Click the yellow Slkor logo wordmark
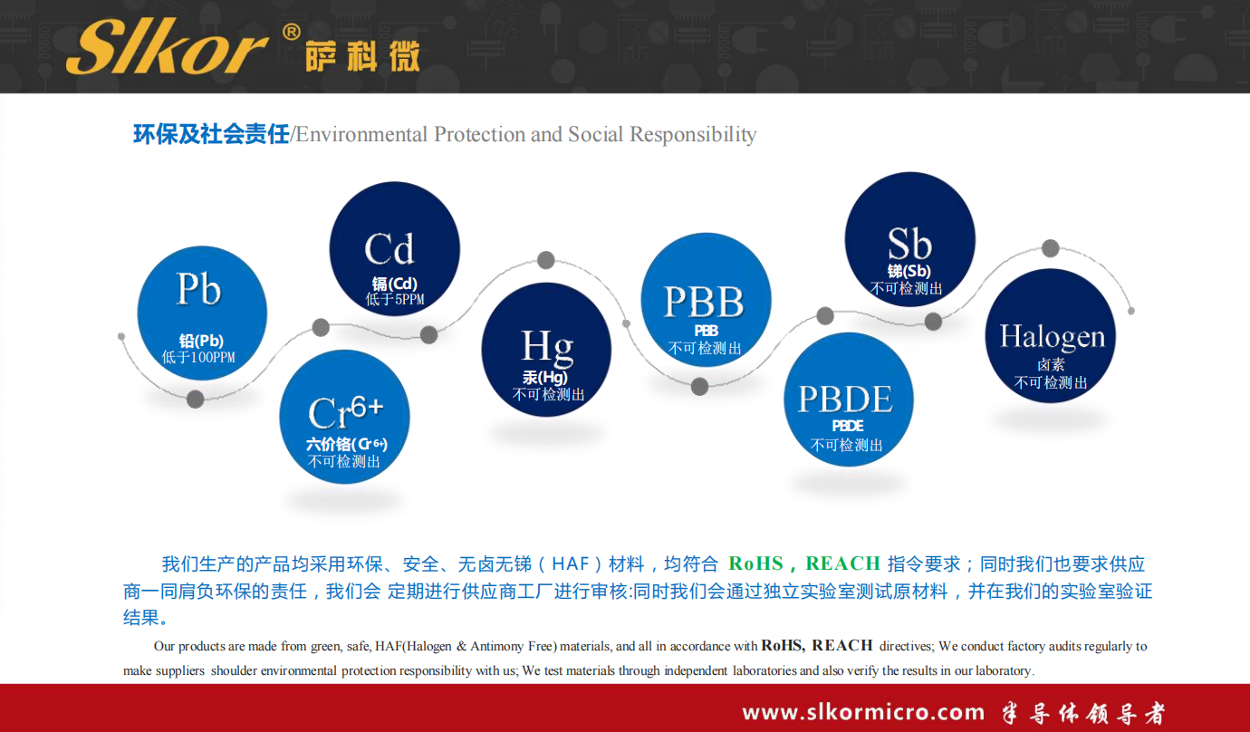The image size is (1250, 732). coord(167,46)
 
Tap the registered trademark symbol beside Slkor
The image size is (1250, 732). coord(292,33)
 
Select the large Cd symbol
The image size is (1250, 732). coord(389,249)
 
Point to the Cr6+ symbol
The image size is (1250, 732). coord(345,411)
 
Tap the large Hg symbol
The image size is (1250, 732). coord(547,347)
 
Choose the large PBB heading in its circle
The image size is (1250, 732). coord(704,302)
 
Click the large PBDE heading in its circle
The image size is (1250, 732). coord(845,399)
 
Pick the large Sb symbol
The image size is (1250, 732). coord(909,244)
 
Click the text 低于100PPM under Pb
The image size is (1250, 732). coord(198,357)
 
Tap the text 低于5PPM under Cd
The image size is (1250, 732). coord(395,300)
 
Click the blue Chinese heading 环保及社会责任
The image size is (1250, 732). coord(211,134)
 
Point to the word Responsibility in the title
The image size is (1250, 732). coord(693,135)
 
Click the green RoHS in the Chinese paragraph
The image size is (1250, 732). coord(756,563)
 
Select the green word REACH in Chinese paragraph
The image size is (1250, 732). coord(843,563)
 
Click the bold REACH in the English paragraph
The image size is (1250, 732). coord(842,646)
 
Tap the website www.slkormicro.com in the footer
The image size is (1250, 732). coord(863,712)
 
